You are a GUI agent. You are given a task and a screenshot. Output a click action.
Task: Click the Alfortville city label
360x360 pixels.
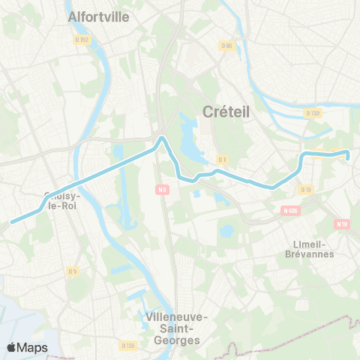98,16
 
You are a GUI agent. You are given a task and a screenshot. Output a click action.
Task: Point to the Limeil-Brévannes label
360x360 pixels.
311,249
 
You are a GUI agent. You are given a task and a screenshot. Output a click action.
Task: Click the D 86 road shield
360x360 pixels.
226,45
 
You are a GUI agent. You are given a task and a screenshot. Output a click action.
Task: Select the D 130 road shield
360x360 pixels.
313,112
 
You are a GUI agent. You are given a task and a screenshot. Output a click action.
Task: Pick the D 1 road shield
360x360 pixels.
222,159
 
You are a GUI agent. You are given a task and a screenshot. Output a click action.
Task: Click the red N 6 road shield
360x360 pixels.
162,189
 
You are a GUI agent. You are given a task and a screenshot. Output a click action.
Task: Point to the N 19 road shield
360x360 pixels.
342,223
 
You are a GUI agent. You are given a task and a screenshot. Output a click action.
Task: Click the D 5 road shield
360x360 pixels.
73,271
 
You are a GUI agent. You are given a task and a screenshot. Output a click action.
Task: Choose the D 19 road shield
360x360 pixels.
305,190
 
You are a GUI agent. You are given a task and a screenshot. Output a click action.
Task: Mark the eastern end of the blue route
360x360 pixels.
348,154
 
